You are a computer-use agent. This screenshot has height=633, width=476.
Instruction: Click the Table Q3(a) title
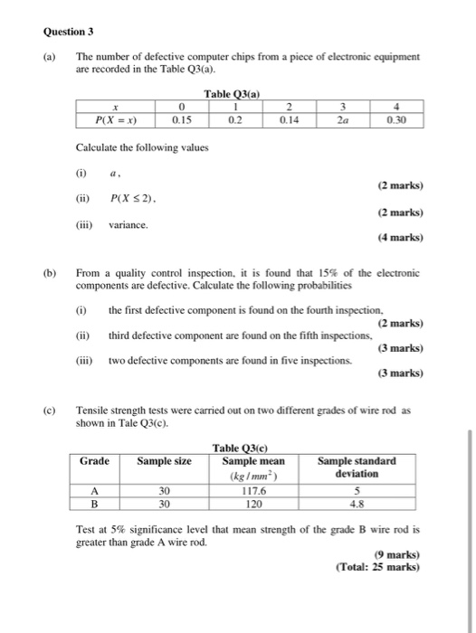233,94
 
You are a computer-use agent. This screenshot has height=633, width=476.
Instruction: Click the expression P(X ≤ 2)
133,198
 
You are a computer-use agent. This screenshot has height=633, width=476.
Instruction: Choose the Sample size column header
164,461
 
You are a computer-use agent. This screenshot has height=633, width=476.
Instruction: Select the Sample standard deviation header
357,467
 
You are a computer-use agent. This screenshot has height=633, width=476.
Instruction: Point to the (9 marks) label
399,555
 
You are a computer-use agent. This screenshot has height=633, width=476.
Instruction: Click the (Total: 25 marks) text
379,568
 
